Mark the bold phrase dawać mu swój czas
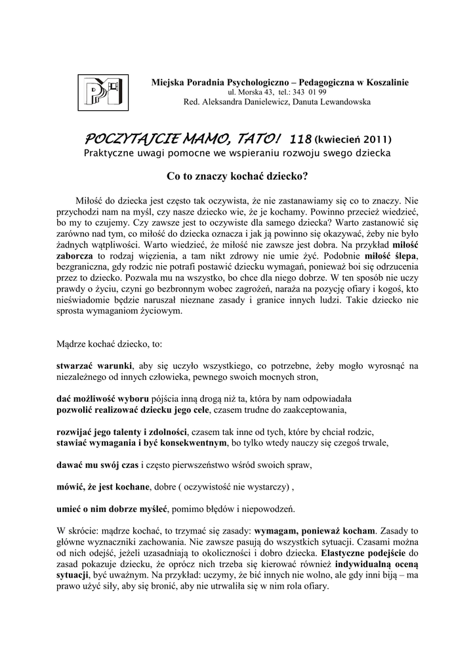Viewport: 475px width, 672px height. [x=97, y=465]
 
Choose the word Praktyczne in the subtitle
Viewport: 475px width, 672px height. [x=111, y=153]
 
